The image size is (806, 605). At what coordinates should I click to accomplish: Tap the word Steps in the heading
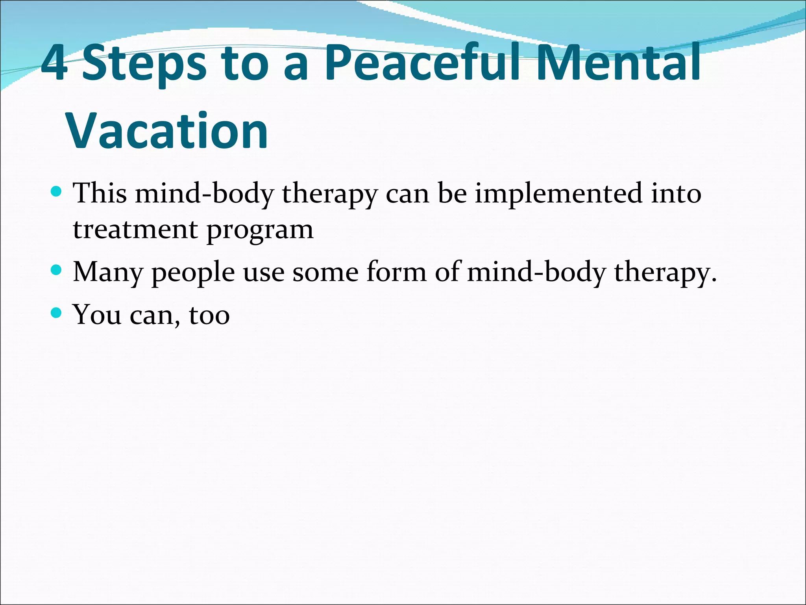(x=144, y=65)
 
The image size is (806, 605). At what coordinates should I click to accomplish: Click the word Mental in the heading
(x=618, y=63)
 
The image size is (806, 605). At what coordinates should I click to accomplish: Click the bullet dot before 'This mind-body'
(x=57, y=192)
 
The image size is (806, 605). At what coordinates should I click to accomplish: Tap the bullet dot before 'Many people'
(x=57, y=270)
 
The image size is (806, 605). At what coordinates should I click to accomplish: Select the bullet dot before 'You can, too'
(x=57, y=313)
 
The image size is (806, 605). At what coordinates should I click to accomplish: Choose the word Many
(x=108, y=273)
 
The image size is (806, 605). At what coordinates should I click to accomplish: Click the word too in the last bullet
(x=209, y=315)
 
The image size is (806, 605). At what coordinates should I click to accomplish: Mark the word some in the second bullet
(x=325, y=273)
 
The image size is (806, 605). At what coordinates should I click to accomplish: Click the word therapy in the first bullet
(x=330, y=194)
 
